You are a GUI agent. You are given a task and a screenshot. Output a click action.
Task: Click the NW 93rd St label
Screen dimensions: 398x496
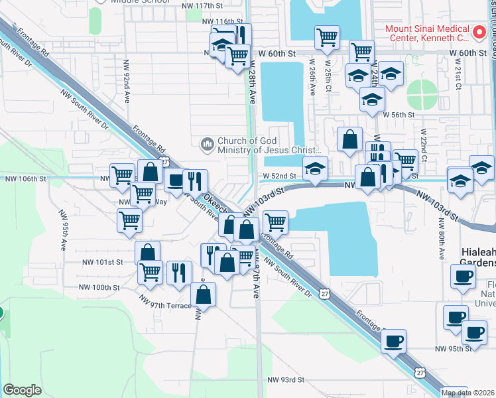click(286, 380)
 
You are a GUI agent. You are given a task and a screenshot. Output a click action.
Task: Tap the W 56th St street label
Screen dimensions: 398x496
click(397, 115)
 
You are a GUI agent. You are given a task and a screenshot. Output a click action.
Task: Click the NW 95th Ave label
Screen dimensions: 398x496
click(64, 230)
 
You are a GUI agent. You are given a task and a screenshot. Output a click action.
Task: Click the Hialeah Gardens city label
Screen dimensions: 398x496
click(478, 257)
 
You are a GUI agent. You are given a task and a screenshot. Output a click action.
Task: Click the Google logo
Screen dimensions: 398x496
click(22, 390)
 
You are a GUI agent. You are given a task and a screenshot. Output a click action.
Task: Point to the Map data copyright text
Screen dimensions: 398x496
click(468, 393)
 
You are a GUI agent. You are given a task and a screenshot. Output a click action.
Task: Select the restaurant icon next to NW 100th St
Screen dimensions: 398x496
click(178, 272)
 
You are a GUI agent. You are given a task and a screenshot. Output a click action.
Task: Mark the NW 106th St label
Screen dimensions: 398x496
click(26, 179)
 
